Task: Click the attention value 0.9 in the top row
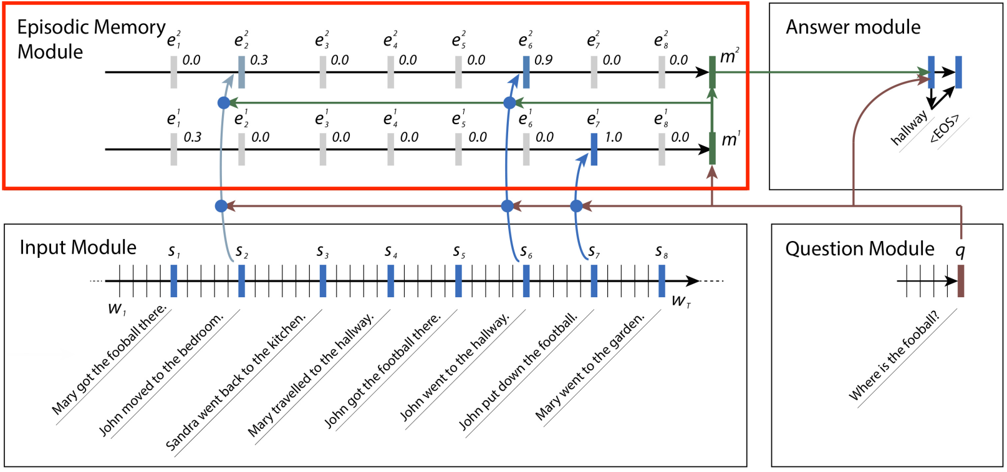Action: coord(543,60)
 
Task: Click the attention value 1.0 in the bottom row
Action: coord(614,137)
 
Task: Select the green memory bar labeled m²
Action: coord(712,72)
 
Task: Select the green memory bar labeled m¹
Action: coord(712,149)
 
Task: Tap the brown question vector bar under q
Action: coord(961,281)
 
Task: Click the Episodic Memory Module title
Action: coord(91,39)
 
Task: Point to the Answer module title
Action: coord(853,27)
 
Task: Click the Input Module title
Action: coord(78,247)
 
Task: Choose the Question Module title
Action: coord(860,248)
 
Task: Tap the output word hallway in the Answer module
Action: coord(909,127)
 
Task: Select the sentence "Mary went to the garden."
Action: coord(590,366)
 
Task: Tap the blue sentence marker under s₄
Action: coord(391,281)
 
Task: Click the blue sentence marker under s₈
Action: coord(662,281)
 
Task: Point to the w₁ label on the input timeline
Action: coord(117,308)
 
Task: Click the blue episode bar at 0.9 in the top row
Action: coord(526,72)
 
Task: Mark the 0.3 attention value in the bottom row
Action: coord(193,137)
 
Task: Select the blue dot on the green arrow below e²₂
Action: coord(223,102)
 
